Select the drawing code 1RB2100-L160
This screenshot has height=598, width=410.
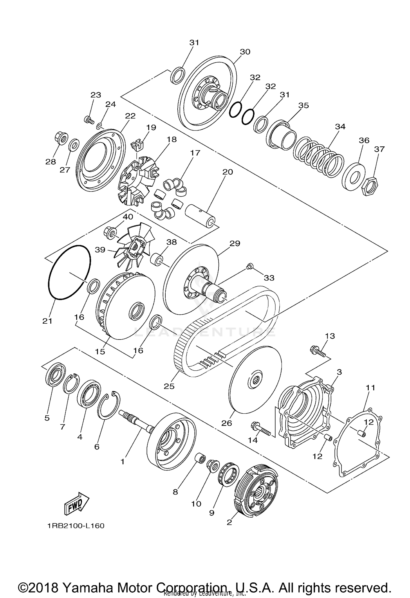coord(75,526)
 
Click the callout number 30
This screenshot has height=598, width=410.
coord(245,52)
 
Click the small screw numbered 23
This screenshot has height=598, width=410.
coord(89,120)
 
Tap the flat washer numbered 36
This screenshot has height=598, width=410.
coord(353,177)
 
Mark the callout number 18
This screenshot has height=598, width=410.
coord(172,139)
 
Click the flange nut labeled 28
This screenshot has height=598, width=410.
coord(61,138)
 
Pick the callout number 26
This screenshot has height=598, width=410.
coord(227,423)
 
